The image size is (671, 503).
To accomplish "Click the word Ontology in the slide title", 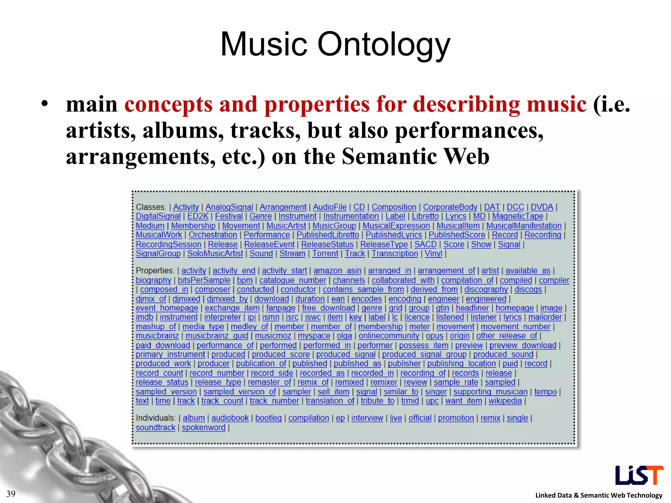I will click(x=384, y=45).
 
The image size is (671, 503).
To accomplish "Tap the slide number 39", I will click(x=11, y=494).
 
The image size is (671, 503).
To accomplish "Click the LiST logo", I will click(x=639, y=475).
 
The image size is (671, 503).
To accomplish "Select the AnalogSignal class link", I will click(x=229, y=207).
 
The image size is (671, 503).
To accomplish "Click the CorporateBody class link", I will click(x=450, y=207).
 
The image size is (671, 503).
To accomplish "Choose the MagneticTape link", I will click(x=517, y=216).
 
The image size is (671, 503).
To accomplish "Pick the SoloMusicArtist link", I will click(x=215, y=254).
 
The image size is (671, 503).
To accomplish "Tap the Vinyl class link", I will click(x=433, y=254).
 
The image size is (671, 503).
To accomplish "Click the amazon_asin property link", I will click(x=337, y=271).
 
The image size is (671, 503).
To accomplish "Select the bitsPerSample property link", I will click(x=204, y=280).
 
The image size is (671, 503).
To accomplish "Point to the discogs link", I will click(x=528, y=289).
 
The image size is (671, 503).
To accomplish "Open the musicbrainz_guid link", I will click(x=217, y=336).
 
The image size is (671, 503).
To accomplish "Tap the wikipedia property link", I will click(x=505, y=401).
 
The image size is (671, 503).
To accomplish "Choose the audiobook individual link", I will click(x=230, y=418).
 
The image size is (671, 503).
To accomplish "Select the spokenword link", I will click(x=203, y=428).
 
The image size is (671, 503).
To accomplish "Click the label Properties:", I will click(x=155, y=271).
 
